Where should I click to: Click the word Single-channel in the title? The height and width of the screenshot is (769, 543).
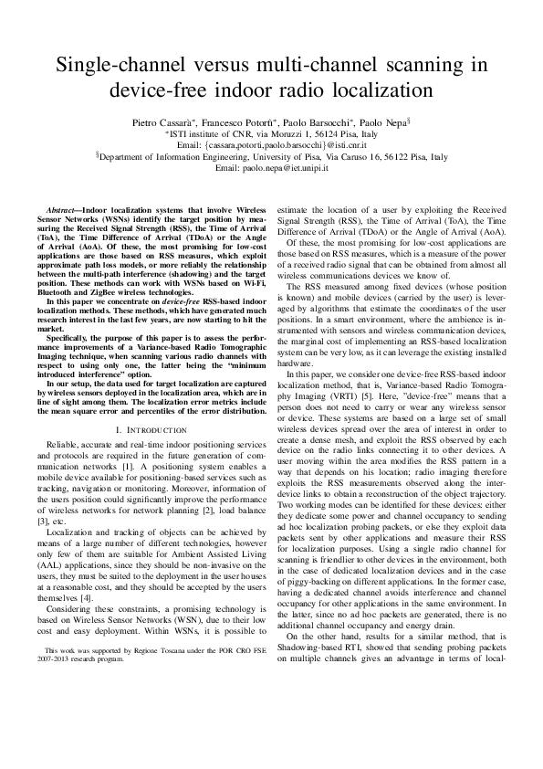tap(115, 65)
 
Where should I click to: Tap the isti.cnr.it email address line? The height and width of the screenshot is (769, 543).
tap(271, 145)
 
